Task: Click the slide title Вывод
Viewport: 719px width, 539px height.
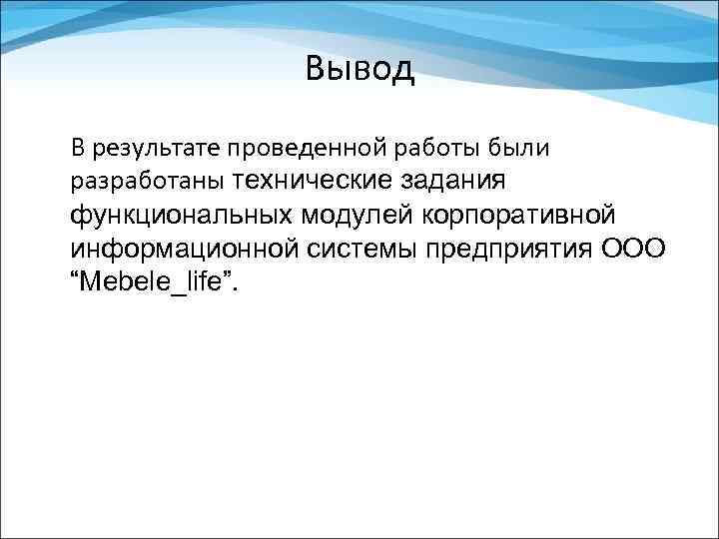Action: click(359, 70)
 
